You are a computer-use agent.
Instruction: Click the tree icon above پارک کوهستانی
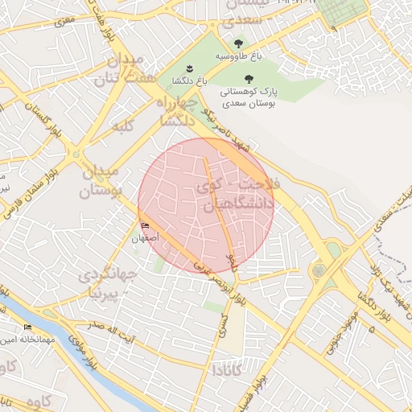[x=247, y=78]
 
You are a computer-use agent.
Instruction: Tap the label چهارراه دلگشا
[x=174, y=111]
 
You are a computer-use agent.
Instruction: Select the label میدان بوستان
[x=101, y=181]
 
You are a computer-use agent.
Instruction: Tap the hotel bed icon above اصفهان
[x=145, y=226]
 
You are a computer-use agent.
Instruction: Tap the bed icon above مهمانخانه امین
[x=28, y=327]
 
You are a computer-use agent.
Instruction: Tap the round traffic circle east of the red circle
[x=319, y=271]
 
